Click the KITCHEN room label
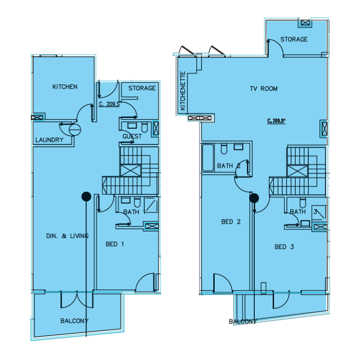coord(65,87)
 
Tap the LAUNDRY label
coord(49,140)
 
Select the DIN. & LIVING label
coord(67,236)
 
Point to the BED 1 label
coord(115,244)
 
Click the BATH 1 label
coord(134,212)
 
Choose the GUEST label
coord(132,136)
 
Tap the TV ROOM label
coord(264,89)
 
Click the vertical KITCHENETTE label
coord(183,91)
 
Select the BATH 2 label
coord(229,166)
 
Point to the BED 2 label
coord(230,222)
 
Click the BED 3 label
coord(284,247)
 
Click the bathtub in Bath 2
coord(207,157)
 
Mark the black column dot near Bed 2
coord(254,198)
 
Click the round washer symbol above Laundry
coord(75,130)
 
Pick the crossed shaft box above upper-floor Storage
coord(305,22)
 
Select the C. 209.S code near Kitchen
coord(108,104)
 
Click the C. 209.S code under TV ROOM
coord(276,120)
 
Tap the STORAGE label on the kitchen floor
coord(142,88)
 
